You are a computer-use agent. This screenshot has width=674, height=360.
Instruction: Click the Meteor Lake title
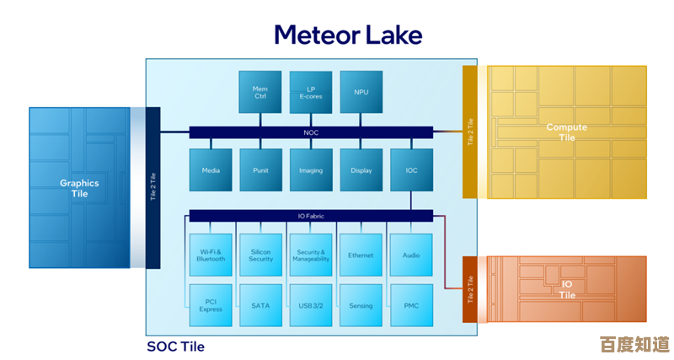pos(348,34)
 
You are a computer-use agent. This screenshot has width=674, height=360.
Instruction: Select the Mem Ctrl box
pos(260,92)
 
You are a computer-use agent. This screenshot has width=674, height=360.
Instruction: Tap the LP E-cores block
pos(311,92)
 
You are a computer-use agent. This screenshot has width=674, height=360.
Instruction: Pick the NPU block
pos(361,92)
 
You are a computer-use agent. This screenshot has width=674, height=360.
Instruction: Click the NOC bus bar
pos(311,132)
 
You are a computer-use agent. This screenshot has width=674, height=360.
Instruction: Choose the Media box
pos(211,169)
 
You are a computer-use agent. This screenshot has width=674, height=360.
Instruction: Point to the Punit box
pos(260,169)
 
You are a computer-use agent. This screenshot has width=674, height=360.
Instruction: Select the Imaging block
pos(311,169)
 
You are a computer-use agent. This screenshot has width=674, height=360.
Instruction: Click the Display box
pos(361,169)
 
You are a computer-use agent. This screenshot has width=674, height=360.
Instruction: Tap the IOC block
pos(411,169)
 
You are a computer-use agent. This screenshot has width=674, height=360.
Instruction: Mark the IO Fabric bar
pos(311,216)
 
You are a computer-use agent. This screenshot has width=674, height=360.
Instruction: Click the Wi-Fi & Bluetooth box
pos(211,255)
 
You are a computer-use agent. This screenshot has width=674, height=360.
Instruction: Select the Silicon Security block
pos(260,255)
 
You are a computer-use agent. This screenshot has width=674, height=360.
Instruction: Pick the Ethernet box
pos(361,255)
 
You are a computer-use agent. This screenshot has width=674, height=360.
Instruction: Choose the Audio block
pos(411,255)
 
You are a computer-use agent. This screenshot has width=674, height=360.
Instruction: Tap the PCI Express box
pos(211,305)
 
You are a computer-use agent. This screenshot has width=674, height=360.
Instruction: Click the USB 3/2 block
pos(311,305)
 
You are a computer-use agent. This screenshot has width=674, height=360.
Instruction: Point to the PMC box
pos(411,305)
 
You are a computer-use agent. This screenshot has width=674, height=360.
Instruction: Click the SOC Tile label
pos(175,347)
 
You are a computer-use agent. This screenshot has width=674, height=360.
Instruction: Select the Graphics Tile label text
pos(79,188)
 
